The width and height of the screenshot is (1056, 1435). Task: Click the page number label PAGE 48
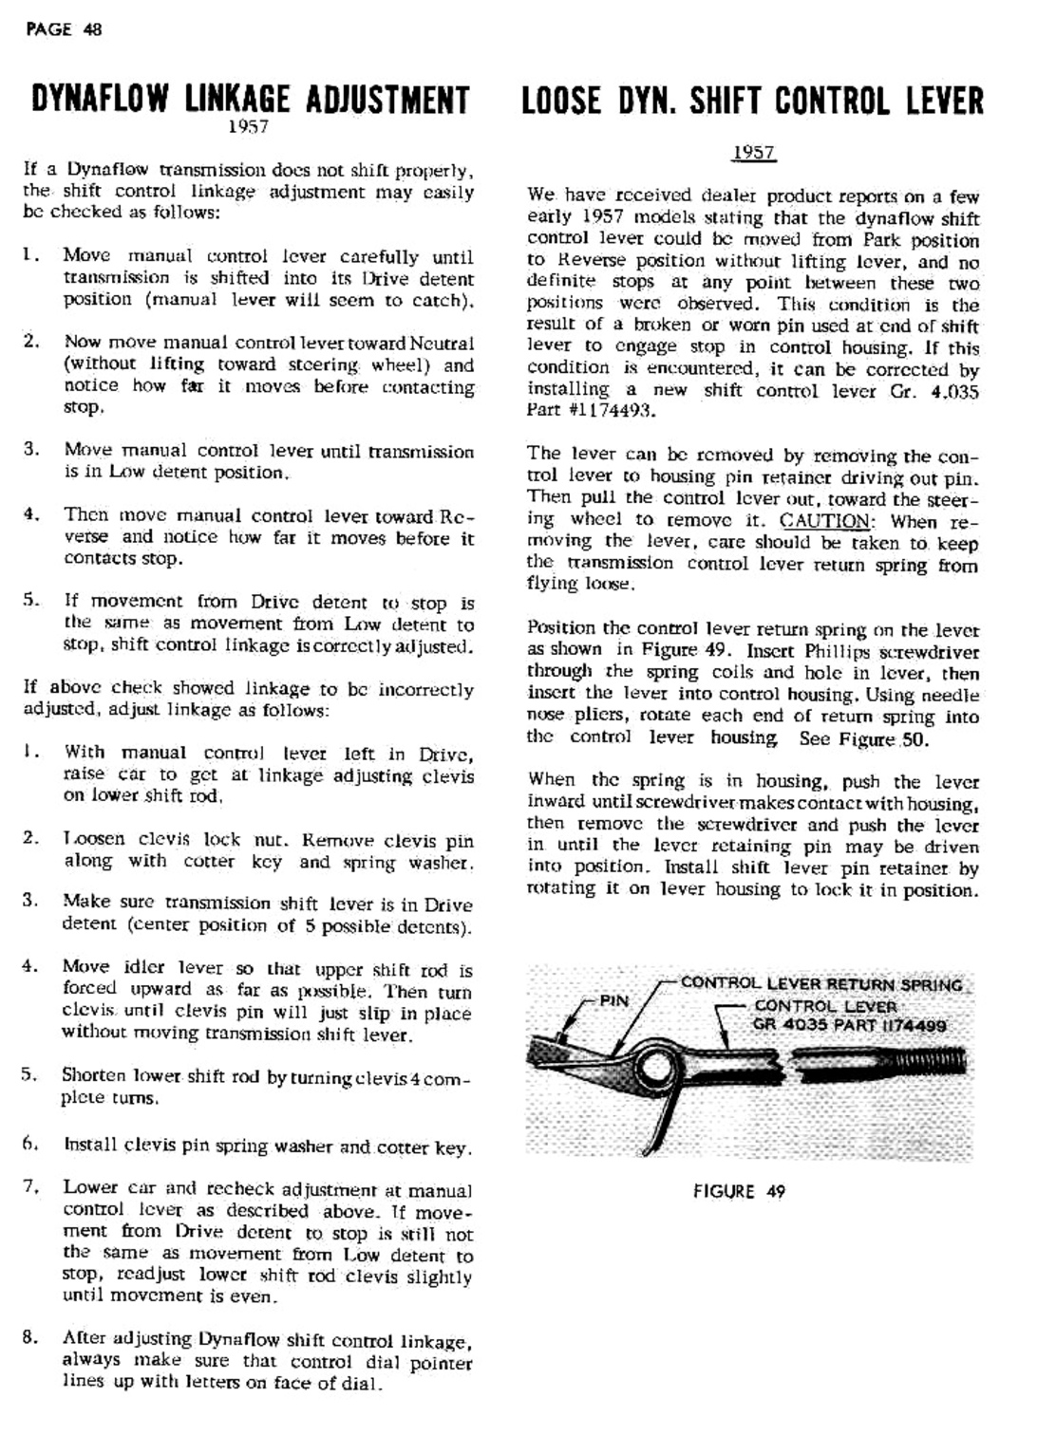coord(65,29)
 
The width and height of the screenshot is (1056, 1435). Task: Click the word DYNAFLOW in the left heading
coord(101,101)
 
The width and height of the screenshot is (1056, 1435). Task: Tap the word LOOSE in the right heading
coord(561,102)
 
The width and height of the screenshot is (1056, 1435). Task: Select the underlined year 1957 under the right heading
coord(754,154)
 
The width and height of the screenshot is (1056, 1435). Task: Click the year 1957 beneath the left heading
coord(249,127)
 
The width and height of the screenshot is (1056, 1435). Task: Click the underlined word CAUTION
coord(824,521)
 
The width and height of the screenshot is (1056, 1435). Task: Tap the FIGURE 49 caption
coord(739,1192)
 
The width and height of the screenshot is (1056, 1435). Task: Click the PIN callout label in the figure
coord(613,1001)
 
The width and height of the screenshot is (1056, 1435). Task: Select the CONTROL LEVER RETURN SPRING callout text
coord(821,985)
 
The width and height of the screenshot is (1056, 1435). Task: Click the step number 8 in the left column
coord(29,1338)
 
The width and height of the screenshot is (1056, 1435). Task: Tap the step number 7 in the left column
coord(29,1186)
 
